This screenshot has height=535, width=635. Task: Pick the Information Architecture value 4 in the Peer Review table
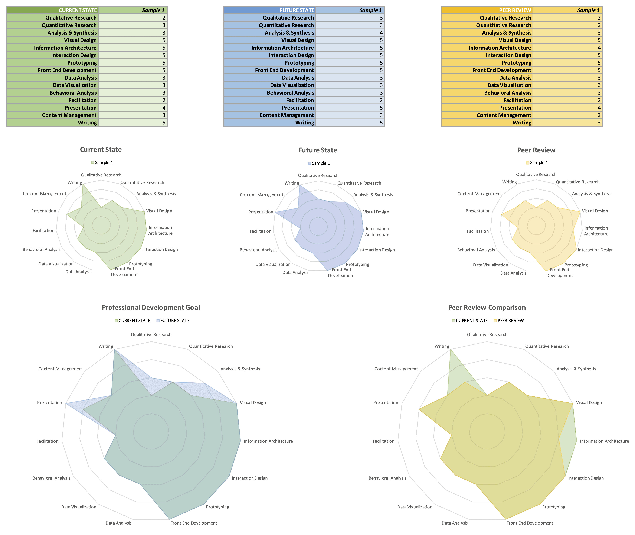pos(599,48)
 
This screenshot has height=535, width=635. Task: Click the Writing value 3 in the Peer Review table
pos(599,123)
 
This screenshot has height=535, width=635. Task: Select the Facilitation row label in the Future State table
pos(300,100)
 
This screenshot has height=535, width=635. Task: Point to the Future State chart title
pos(318,150)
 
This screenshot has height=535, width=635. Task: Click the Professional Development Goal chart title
pos(151,308)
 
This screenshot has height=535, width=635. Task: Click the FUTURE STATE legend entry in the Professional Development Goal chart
pos(175,321)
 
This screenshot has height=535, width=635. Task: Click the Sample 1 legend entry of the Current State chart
pos(104,163)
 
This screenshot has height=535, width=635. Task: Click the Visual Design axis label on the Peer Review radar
pos(595,211)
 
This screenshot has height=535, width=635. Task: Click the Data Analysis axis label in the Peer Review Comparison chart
pos(454,523)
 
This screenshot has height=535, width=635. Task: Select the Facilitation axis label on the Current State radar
pos(44,230)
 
